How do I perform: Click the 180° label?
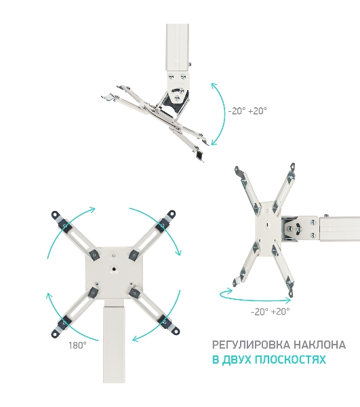77,345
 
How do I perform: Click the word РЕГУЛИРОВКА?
251,345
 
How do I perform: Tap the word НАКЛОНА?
319,345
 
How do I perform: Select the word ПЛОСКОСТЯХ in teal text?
290,360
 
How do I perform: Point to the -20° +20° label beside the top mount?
247,111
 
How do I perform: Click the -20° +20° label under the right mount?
271,311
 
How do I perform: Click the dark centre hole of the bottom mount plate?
114,269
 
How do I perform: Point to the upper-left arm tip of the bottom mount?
56,215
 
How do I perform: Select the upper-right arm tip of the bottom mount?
171,214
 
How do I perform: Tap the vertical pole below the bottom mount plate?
114,341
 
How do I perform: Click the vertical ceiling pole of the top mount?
178,47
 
